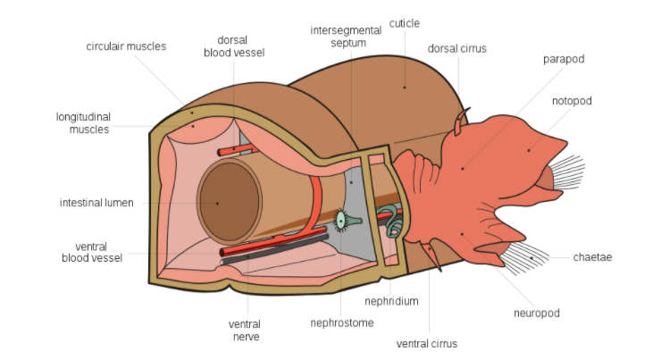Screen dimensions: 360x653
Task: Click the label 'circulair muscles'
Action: pos(126,46)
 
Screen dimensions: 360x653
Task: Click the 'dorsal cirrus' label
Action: pos(457,48)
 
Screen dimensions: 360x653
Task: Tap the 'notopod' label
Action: pos(572,101)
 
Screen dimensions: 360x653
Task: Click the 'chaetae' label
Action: pos(593,257)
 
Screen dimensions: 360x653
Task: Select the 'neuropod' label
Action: pos(537,313)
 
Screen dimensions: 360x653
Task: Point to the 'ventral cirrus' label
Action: pos(427,343)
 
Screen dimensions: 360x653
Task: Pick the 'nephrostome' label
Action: pos(342,322)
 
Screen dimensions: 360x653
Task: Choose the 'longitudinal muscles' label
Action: pos(82,123)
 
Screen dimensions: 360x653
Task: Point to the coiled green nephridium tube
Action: pos(391,221)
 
